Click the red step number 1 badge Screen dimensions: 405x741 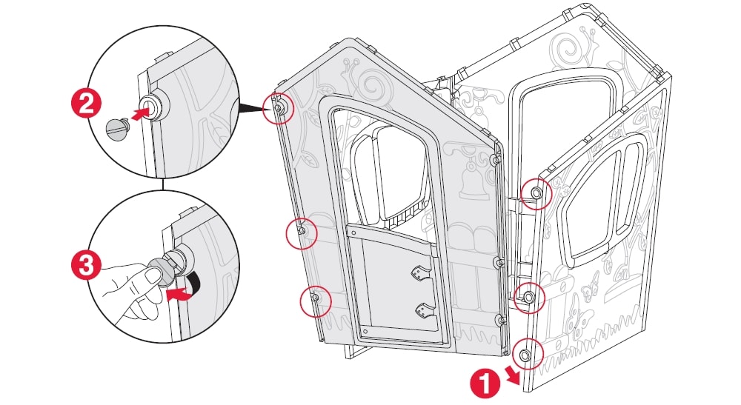pos(483,384)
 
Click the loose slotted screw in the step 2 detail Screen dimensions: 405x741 pos(117,127)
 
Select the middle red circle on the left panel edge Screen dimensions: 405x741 pos(300,232)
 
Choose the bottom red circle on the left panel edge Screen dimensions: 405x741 pos(313,298)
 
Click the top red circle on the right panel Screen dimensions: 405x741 pos(535,193)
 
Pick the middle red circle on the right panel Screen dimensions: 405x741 pos(529,296)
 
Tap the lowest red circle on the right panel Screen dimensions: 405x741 pos(525,355)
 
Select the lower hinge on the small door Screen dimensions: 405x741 pos(425,309)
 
